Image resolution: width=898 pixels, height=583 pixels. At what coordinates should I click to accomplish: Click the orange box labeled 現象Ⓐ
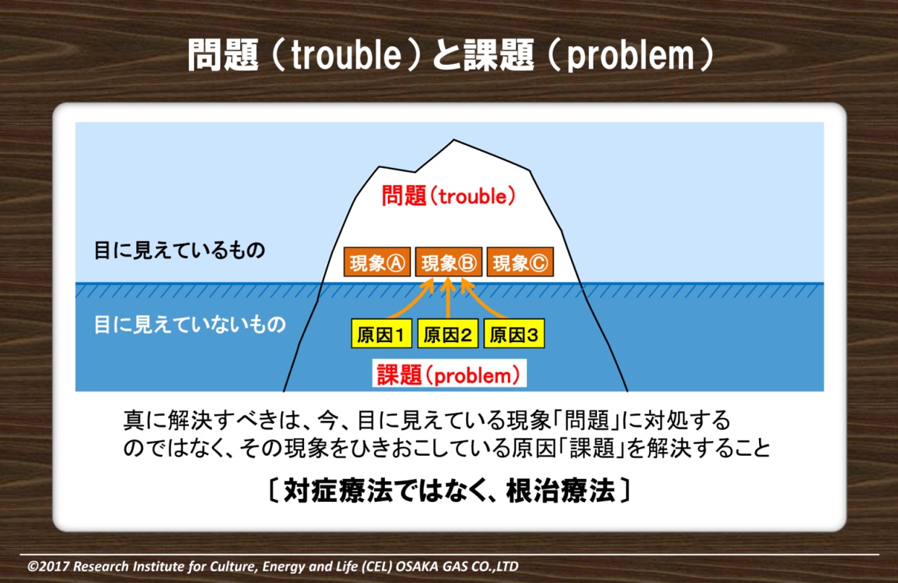click(377, 262)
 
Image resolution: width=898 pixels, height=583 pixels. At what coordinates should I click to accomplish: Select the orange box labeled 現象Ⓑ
click(449, 262)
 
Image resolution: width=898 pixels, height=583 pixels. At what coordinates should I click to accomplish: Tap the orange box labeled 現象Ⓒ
click(520, 262)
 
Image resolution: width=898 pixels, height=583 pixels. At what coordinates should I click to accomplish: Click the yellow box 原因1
click(381, 333)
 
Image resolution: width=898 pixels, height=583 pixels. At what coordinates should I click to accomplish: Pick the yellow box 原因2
click(448, 333)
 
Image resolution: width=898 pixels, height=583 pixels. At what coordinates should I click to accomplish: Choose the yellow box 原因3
click(514, 333)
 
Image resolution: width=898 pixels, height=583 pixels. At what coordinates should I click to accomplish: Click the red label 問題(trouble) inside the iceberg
click(449, 196)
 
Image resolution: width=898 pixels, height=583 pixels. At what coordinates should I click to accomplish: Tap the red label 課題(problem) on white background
click(449, 375)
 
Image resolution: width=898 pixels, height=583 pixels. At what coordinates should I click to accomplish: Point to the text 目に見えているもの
click(179, 250)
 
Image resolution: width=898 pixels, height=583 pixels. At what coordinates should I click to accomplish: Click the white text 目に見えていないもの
click(190, 324)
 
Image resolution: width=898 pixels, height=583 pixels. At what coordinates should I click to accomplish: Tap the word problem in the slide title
click(630, 56)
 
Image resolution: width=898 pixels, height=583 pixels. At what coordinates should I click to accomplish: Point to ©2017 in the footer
click(48, 566)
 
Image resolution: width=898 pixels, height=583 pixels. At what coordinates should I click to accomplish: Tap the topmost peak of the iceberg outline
click(454, 140)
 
